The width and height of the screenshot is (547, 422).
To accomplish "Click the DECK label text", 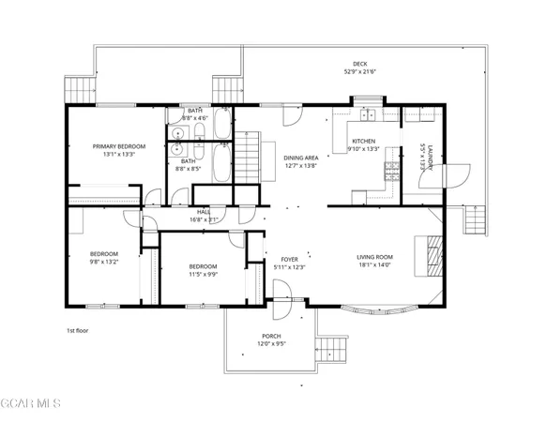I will pos(360,63).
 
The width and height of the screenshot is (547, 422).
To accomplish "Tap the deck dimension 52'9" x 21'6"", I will pos(360,71).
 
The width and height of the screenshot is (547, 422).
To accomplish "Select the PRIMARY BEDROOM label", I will pos(119,146).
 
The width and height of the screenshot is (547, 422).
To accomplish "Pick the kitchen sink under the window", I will pos(369,115).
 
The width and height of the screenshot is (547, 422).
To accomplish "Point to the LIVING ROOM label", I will pos(374,258).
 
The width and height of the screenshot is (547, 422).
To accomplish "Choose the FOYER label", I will pos(289,260).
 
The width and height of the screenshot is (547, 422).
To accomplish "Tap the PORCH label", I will pos(271,336).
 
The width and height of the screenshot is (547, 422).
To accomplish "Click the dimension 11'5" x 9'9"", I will pos(203,275).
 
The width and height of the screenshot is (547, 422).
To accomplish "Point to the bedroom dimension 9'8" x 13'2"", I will pos(103,263).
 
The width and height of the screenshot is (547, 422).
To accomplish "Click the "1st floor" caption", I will pos(77,331).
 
